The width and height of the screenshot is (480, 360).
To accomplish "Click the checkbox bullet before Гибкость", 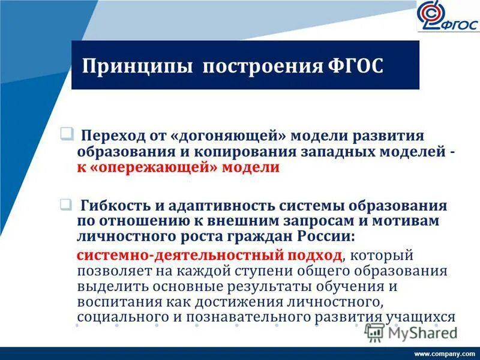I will [67, 204].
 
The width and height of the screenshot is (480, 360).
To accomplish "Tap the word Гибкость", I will [118, 206].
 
